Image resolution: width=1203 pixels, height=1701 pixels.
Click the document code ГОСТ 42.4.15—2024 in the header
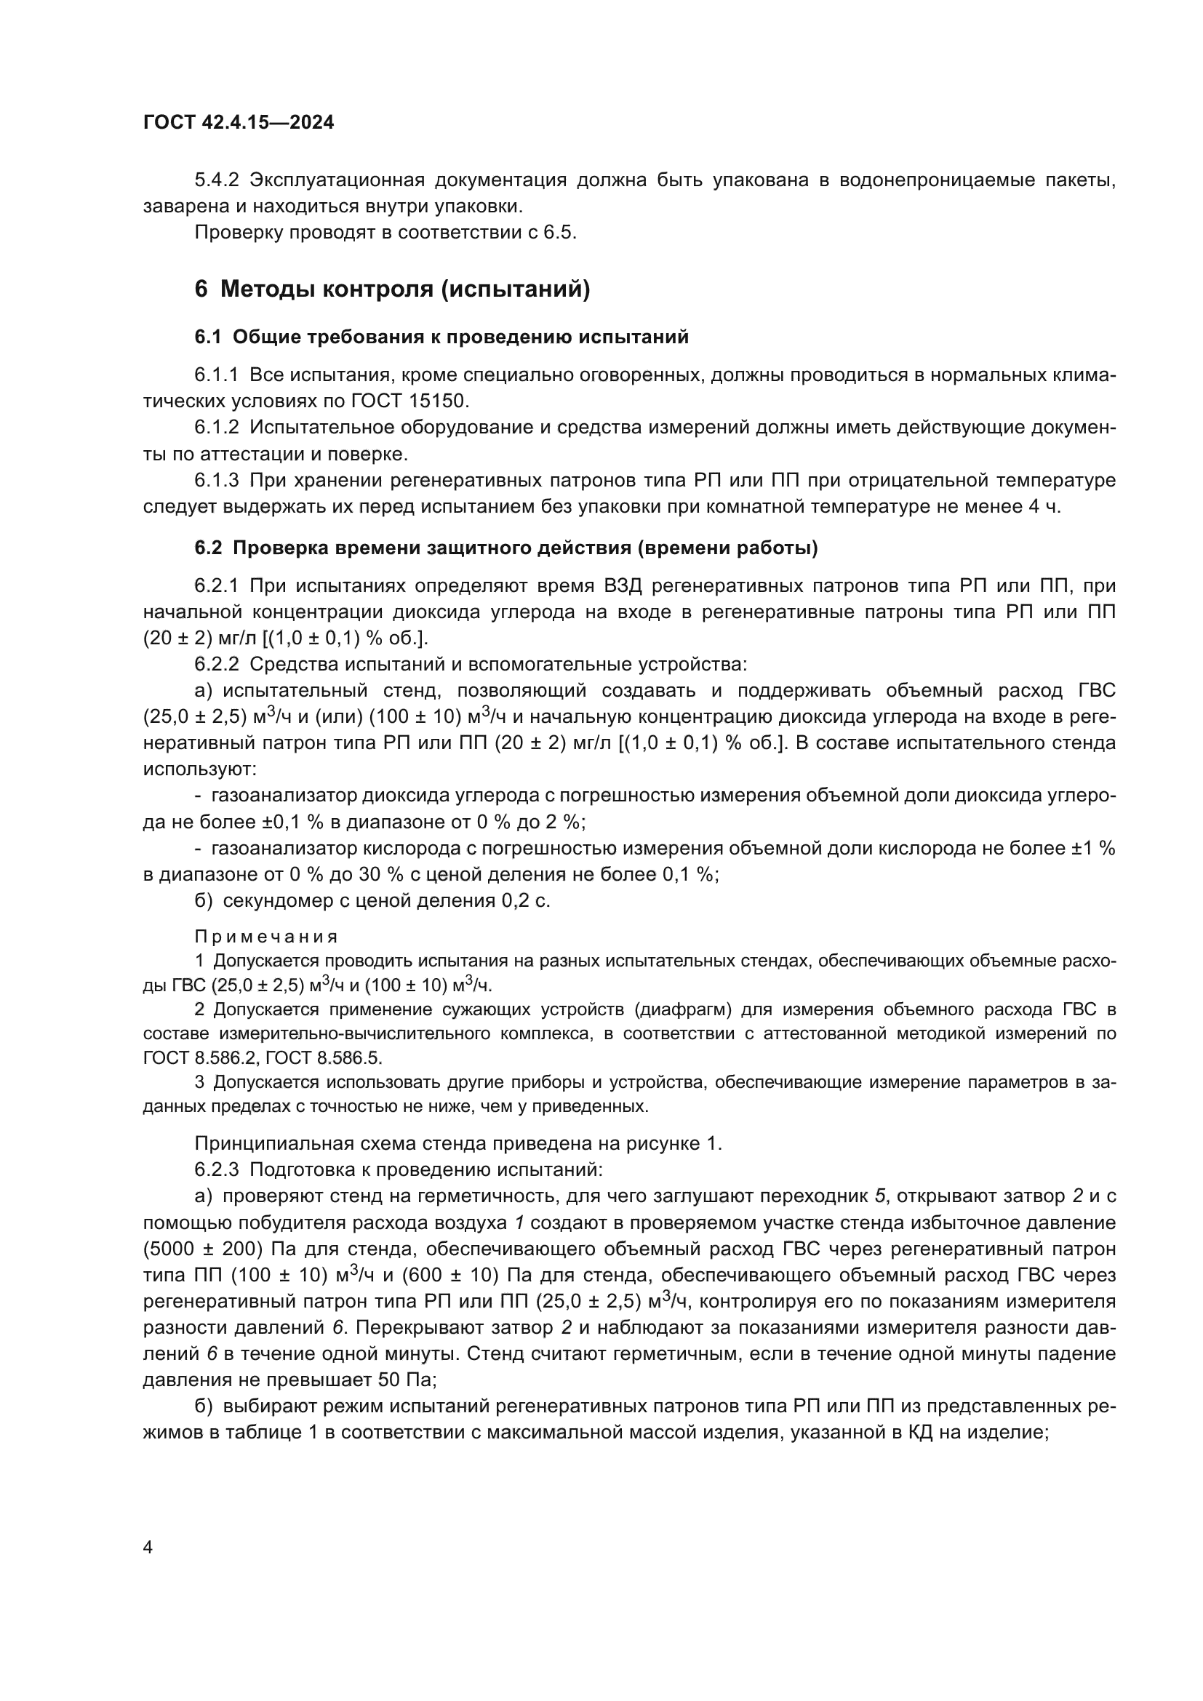(x=238, y=122)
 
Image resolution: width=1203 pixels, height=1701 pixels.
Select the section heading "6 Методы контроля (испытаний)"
(x=392, y=289)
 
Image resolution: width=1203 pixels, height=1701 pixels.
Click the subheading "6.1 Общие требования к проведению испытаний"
(x=441, y=337)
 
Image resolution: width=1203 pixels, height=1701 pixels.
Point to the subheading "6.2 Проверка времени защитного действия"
(x=506, y=548)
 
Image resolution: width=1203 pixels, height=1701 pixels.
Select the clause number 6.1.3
(x=217, y=481)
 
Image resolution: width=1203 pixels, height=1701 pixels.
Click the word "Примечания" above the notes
(x=266, y=937)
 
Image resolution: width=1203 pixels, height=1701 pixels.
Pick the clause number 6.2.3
(x=217, y=1170)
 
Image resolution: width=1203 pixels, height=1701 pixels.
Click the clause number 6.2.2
(x=217, y=665)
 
